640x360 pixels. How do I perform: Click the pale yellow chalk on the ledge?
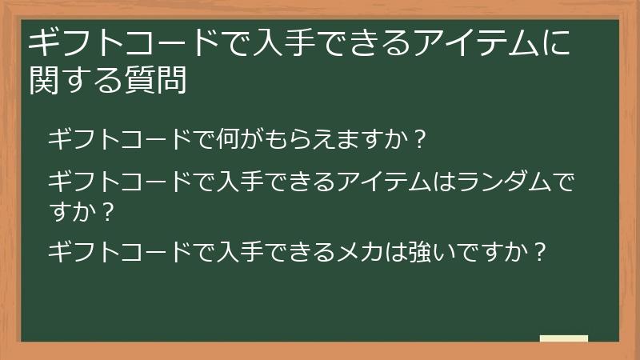tap(563, 338)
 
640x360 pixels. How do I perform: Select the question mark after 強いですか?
tap(540, 252)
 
